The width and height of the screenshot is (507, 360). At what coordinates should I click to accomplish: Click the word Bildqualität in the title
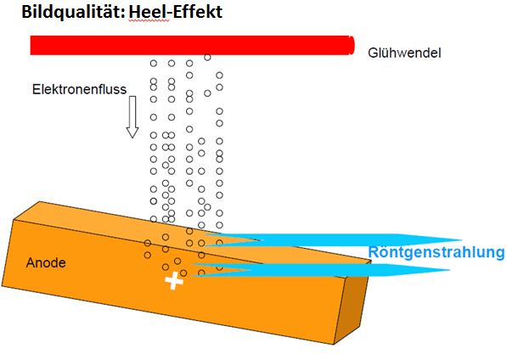tap(74, 12)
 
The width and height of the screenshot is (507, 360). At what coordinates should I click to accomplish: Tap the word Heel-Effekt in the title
tap(176, 12)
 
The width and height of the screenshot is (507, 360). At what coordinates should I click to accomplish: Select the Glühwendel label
tap(404, 53)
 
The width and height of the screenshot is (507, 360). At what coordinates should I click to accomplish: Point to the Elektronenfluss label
tap(79, 89)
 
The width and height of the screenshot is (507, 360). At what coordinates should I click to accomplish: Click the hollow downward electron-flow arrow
tap(132, 117)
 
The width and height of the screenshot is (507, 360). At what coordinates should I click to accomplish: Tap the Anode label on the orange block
tap(46, 262)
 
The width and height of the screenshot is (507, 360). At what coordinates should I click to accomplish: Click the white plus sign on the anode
tap(174, 281)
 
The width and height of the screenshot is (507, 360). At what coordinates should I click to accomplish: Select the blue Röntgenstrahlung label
tap(437, 252)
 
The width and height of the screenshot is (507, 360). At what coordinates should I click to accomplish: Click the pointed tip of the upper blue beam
tap(461, 240)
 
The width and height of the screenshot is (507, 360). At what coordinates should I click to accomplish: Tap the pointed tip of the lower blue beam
tap(449, 270)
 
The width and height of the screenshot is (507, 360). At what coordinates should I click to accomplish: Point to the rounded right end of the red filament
tap(352, 45)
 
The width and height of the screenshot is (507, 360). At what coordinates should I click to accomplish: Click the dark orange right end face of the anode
tap(352, 302)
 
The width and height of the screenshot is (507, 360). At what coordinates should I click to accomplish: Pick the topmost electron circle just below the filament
tap(207, 58)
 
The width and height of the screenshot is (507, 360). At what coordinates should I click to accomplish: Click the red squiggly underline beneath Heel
tap(149, 21)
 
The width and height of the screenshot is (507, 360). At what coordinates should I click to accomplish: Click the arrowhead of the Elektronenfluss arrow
tap(132, 132)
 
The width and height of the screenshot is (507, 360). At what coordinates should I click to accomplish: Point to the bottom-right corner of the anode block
tap(334, 344)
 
